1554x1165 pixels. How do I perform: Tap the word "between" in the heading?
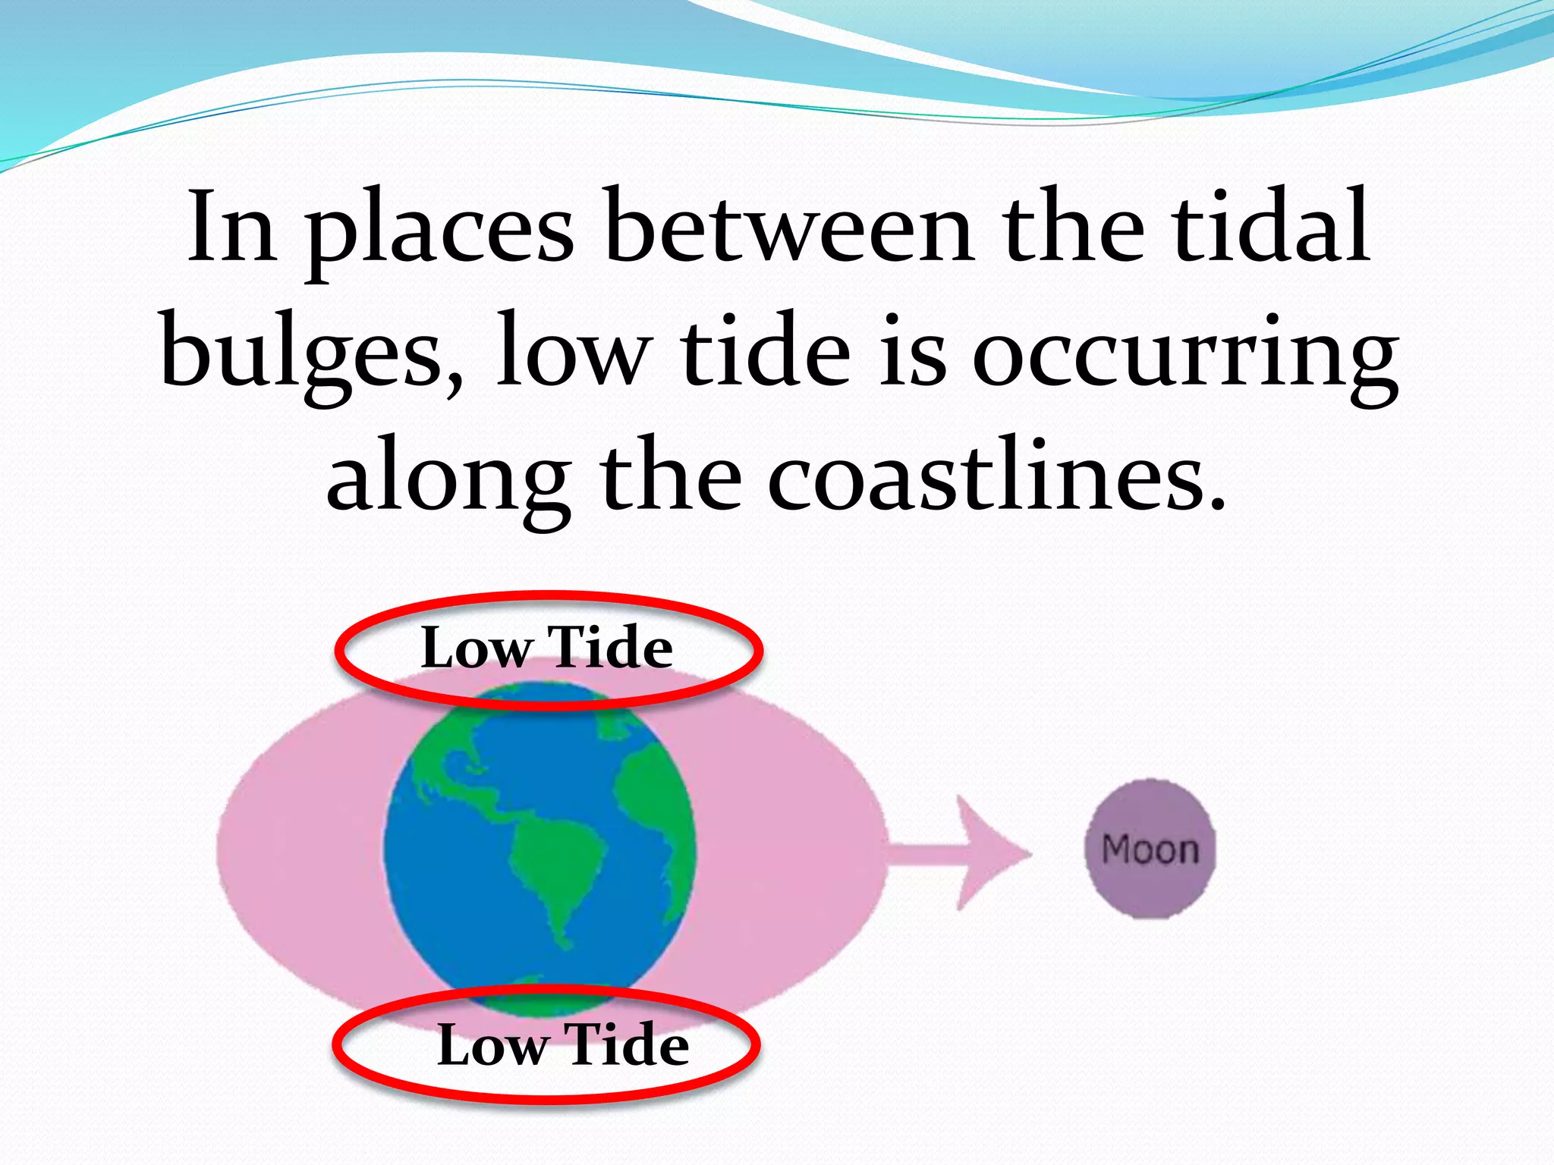pyautogui.click(x=788, y=228)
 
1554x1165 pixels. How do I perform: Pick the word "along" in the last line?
pyautogui.click(x=448, y=481)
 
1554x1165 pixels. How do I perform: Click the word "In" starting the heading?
pyautogui.click(x=231, y=228)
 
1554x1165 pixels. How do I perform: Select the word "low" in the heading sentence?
pyautogui.click(x=572, y=353)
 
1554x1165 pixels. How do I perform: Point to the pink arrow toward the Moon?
pyautogui.click(x=960, y=853)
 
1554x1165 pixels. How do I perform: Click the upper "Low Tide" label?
pyautogui.click(x=547, y=648)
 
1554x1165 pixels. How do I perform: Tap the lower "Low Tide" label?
pyautogui.click(x=562, y=1045)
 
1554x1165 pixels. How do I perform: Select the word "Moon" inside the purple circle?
pyautogui.click(x=1150, y=849)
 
